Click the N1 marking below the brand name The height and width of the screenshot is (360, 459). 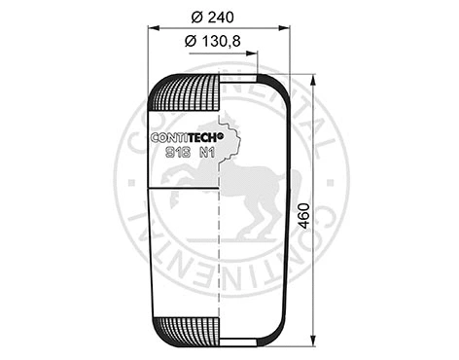click(x=206, y=151)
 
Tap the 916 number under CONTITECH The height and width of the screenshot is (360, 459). click(x=177, y=151)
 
